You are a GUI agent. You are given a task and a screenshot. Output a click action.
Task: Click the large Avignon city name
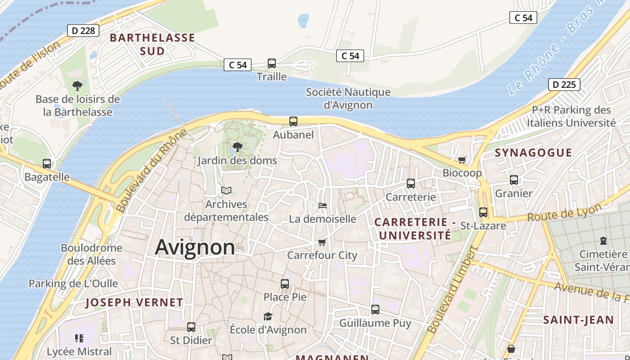pyautogui.click(x=195, y=247)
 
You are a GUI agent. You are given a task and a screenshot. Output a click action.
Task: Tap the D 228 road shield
pyautogui.click(x=83, y=31)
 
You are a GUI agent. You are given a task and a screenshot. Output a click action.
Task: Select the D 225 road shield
pyautogui.click(x=564, y=85)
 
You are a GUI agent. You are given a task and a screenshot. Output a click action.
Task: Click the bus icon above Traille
pyautogui.click(x=272, y=63)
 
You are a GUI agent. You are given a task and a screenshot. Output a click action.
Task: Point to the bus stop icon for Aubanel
pyautogui.click(x=293, y=121)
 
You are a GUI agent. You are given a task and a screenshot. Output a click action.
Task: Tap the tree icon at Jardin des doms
pyautogui.click(x=237, y=147)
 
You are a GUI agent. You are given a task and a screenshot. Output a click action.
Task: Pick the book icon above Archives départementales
pyautogui.click(x=226, y=191)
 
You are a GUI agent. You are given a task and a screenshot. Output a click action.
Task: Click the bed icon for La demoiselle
pyautogui.click(x=322, y=206)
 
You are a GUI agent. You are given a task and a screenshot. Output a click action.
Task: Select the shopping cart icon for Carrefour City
pyautogui.click(x=322, y=243)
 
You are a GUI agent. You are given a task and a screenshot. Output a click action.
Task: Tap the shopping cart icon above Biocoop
pyautogui.click(x=462, y=160)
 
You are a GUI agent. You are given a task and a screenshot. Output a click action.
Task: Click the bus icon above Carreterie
pyautogui.click(x=411, y=184)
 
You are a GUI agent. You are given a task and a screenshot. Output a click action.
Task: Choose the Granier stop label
pyautogui.click(x=513, y=193)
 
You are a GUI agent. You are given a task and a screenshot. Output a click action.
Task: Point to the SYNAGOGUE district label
pyautogui.click(x=533, y=153)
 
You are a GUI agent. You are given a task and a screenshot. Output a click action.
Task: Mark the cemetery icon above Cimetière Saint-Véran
pyautogui.click(x=603, y=241)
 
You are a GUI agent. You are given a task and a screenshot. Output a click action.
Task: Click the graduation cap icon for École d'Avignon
pyautogui.click(x=268, y=316)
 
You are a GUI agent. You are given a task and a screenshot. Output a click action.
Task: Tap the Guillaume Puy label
pyautogui.click(x=375, y=323)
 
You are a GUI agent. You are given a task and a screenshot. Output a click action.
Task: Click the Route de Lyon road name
pyautogui.click(x=564, y=212)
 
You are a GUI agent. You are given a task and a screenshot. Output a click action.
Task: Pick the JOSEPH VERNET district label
pyautogui.click(x=134, y=302)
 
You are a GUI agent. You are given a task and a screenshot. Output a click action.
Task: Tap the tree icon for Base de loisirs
pyautogui.click(x=77, y=85)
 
